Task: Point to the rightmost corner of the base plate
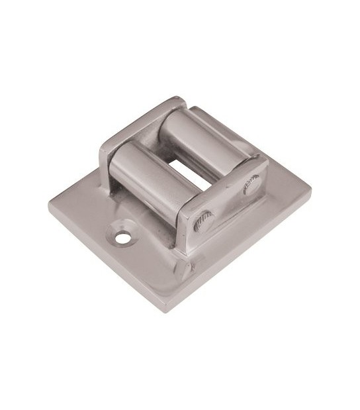click(310, 191)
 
